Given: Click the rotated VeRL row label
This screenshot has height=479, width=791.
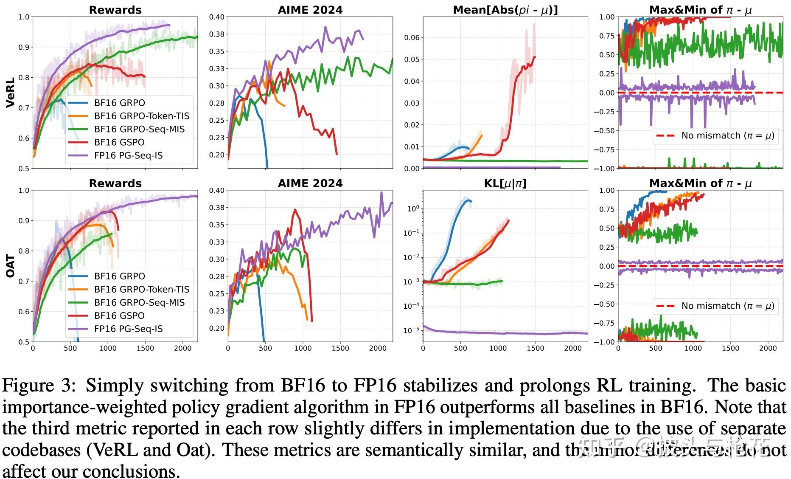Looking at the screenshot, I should (11, 92).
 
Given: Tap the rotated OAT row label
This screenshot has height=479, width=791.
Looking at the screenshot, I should (11, 266).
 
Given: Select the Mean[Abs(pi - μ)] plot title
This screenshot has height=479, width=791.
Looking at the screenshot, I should (505, 10).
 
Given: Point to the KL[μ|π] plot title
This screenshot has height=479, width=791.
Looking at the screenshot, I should (505, 183).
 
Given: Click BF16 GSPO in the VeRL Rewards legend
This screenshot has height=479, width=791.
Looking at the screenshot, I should (119, 142).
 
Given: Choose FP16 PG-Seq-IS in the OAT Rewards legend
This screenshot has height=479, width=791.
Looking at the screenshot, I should (128, 329).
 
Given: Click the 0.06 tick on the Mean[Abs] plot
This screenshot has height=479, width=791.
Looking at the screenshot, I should (411, 38).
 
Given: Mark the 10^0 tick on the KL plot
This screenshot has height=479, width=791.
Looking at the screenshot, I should (412, 209).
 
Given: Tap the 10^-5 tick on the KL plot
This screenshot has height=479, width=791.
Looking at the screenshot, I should (411, 330).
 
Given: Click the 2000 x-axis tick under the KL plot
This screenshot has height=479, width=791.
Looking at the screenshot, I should (573, 348).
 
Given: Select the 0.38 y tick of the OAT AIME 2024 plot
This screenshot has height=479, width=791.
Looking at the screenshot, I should (217, 208).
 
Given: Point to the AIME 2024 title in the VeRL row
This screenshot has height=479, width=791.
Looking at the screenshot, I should (310, 10).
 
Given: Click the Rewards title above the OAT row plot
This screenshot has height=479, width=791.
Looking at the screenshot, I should (115, 183).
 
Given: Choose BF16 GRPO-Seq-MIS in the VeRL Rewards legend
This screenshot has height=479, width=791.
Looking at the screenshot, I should (139, 129).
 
